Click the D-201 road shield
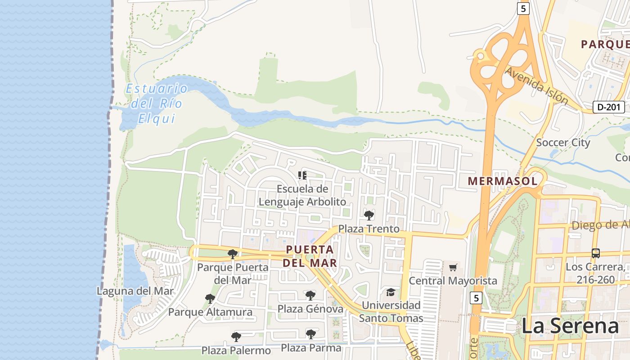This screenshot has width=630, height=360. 609,107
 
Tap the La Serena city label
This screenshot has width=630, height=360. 570,326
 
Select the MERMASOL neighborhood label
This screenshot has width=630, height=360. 503,181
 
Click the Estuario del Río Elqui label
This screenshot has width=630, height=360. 156,103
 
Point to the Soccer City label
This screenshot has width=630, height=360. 563,143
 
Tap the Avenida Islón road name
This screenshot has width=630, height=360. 536,85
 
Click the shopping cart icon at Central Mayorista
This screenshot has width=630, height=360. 453,268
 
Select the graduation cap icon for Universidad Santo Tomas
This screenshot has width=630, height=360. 391,292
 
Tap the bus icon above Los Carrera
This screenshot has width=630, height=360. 596,253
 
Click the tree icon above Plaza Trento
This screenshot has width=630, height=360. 369,215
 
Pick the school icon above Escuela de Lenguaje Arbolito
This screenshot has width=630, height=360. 302,175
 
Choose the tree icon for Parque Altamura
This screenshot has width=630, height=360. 210,298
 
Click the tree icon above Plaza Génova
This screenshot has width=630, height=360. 310,296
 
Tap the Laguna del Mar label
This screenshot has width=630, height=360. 135,291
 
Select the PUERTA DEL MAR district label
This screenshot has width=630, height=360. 310,256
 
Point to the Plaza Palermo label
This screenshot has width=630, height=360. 236,350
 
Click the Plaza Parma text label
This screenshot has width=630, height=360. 311,347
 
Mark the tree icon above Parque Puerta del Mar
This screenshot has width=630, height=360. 233,254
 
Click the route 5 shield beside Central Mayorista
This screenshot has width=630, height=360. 477,297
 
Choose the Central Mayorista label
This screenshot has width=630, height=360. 453,281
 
